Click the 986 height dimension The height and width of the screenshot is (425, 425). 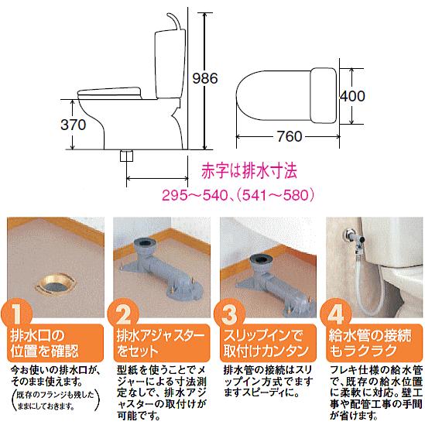pos(205,78)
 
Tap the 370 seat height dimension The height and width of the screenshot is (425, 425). pos(74,125)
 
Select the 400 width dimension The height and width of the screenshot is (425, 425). pos(352,96)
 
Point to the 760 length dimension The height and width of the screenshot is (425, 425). pos(290,136)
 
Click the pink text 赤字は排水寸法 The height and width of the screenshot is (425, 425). pos(249,170)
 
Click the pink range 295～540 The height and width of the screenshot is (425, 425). pos(194,195)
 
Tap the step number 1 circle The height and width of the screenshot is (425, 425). pos(17,314)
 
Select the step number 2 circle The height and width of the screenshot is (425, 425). pos(123,314)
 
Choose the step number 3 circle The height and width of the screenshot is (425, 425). pos(230,314)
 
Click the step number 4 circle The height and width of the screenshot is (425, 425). pos(336,314)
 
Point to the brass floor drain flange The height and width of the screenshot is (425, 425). pos(56,285)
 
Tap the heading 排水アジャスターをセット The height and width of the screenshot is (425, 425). pos(161,343)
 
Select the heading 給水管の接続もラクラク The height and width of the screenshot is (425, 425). pos(370,343)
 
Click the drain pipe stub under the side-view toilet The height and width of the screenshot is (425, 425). pos(127,156)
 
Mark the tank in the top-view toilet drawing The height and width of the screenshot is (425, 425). pos(323,96)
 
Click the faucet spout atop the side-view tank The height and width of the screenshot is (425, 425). pos(173,21)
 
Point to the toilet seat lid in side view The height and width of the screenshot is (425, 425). pos(109,93)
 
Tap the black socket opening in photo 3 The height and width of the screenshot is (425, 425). pos(259,259)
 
